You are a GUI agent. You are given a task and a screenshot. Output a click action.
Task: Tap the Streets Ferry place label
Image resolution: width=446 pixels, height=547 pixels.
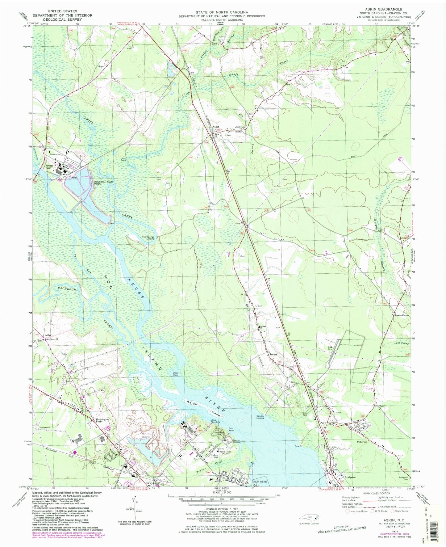[49, 167]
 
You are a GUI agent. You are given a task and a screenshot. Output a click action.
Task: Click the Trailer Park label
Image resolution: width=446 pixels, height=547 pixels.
[306, 414]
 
